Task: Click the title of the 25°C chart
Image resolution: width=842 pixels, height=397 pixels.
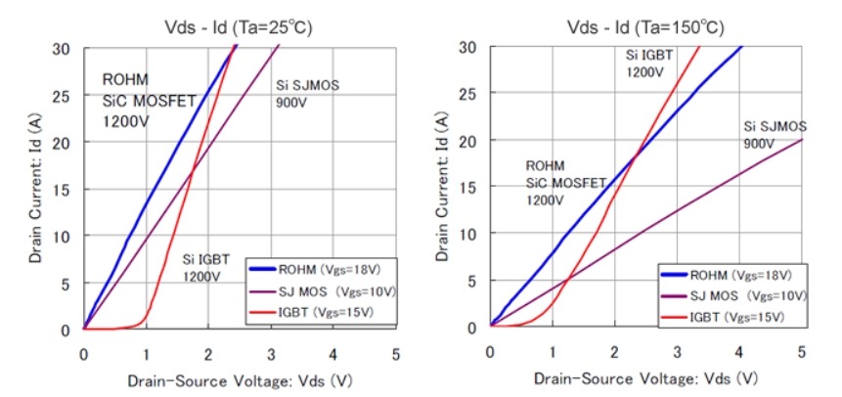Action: click(x=239, y=27)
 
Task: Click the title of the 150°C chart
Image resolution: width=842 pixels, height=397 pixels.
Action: click(x=645, y=27)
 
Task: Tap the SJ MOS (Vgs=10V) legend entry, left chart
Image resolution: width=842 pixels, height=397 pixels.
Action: click(x=322, y=291)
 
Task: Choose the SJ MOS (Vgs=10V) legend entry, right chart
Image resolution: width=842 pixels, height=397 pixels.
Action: click(x=733, y=296)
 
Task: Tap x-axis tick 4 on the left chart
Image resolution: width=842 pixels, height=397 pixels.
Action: click(x=333, y=355)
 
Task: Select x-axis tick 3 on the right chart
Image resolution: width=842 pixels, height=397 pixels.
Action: click(x=677, y=352)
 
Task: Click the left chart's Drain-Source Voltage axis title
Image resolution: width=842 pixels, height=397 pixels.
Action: click(x=240, y=381)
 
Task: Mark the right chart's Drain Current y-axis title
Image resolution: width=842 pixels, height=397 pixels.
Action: click(x=442, y=188)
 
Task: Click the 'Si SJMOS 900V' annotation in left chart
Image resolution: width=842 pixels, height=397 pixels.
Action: click(x=307, y=94)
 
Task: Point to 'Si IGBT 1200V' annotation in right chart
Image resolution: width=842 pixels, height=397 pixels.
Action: click(x=649, y=63)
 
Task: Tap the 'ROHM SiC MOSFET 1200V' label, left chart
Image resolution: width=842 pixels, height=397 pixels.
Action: click(x=150, y=101)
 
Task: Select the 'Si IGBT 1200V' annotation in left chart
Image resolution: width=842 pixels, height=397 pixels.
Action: click(x=206, y=268)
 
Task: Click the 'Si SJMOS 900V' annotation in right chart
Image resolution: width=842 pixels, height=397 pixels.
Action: click(x=775, y=135)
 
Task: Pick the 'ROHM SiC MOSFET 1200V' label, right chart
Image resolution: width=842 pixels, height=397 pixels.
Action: click(x=566, y=183)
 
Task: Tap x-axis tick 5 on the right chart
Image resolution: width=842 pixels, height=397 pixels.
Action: click(x=802, y=352)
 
